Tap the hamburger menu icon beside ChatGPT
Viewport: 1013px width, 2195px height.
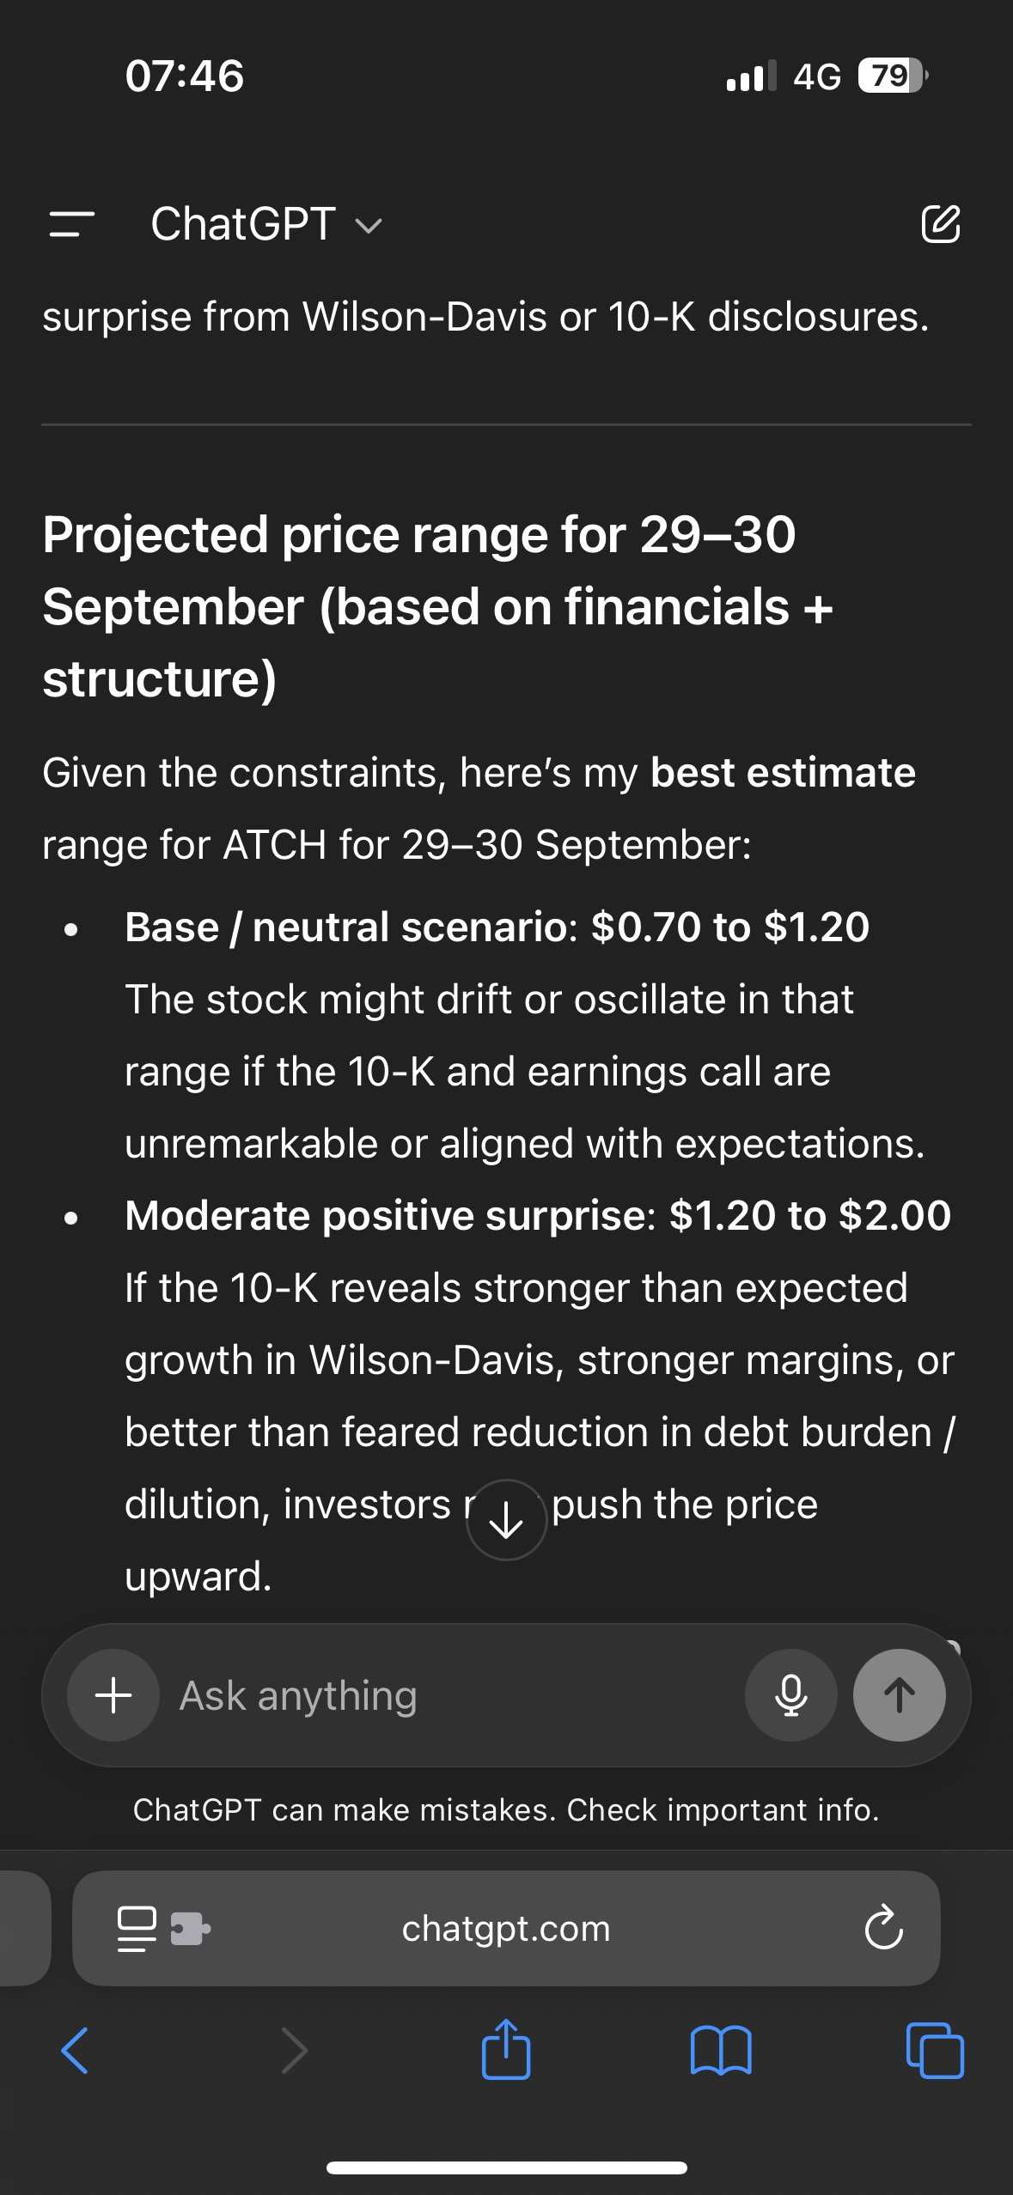coord(72,224)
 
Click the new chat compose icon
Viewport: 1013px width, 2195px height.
coord(941,224)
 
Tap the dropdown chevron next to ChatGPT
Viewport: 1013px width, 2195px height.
coord(369,226)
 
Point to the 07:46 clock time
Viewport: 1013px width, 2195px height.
coord(185,76)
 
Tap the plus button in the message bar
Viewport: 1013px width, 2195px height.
coord(113,1695)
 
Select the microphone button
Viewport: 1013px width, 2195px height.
coord(790,1695)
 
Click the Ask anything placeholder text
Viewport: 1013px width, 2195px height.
coord(298,1696)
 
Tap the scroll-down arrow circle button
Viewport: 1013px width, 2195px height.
coord(506,1520)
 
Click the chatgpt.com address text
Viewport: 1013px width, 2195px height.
coord(506,1929)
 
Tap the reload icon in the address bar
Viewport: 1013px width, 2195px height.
coord(883,1928)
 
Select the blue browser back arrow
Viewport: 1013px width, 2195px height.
coord(75,2050)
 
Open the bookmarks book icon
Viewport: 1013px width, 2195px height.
coord(721,2050)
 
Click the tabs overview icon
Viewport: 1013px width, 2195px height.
coord(935,2050)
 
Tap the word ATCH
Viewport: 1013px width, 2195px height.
coord(275,845)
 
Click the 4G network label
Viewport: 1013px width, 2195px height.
coord(817,76)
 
